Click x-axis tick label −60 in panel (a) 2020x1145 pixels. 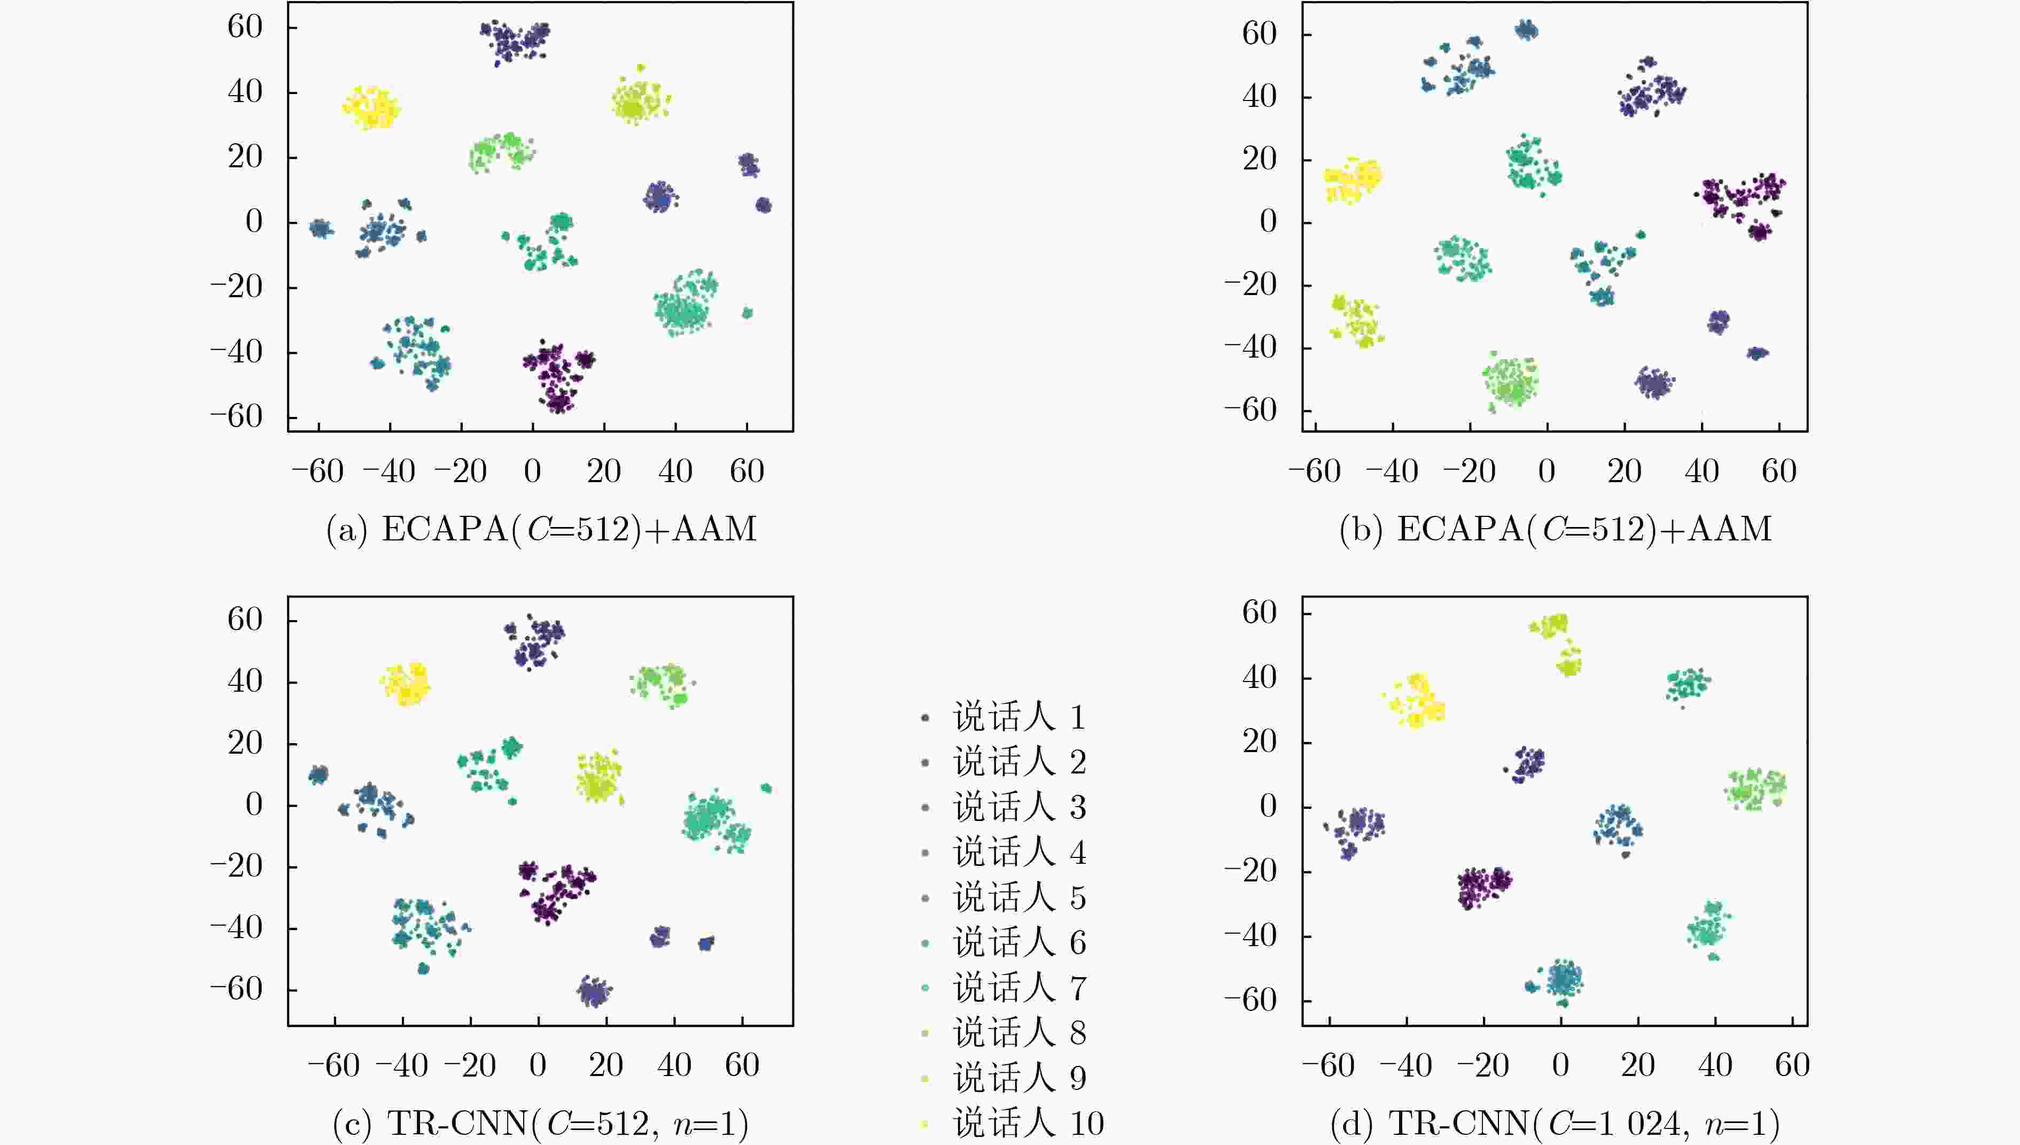click(x=317, y=472)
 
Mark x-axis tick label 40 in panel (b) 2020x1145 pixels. click(x=1702, y=472)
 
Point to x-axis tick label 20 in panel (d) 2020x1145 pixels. click(x=1637, y=1065)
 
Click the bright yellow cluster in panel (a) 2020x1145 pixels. click(x=371, y=108)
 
